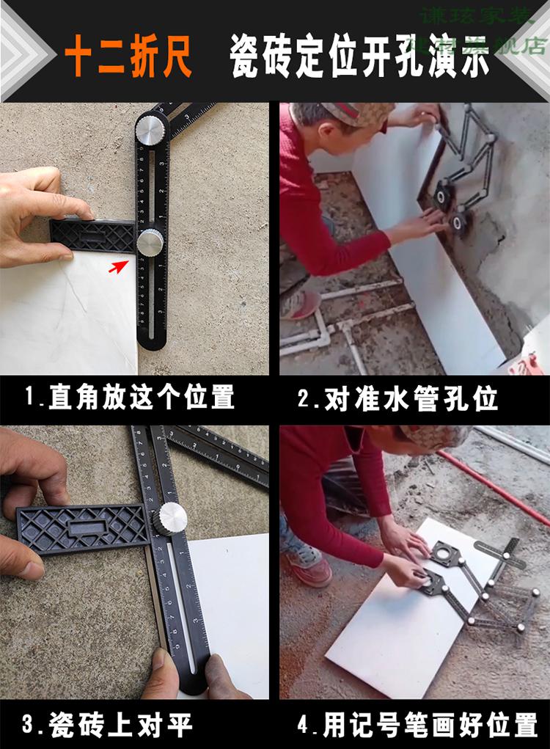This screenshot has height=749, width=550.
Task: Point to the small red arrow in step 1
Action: coord(117,267)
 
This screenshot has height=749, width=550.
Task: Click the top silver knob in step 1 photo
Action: coord(152,131)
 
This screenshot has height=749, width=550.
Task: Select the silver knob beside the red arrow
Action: coord(150,241)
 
